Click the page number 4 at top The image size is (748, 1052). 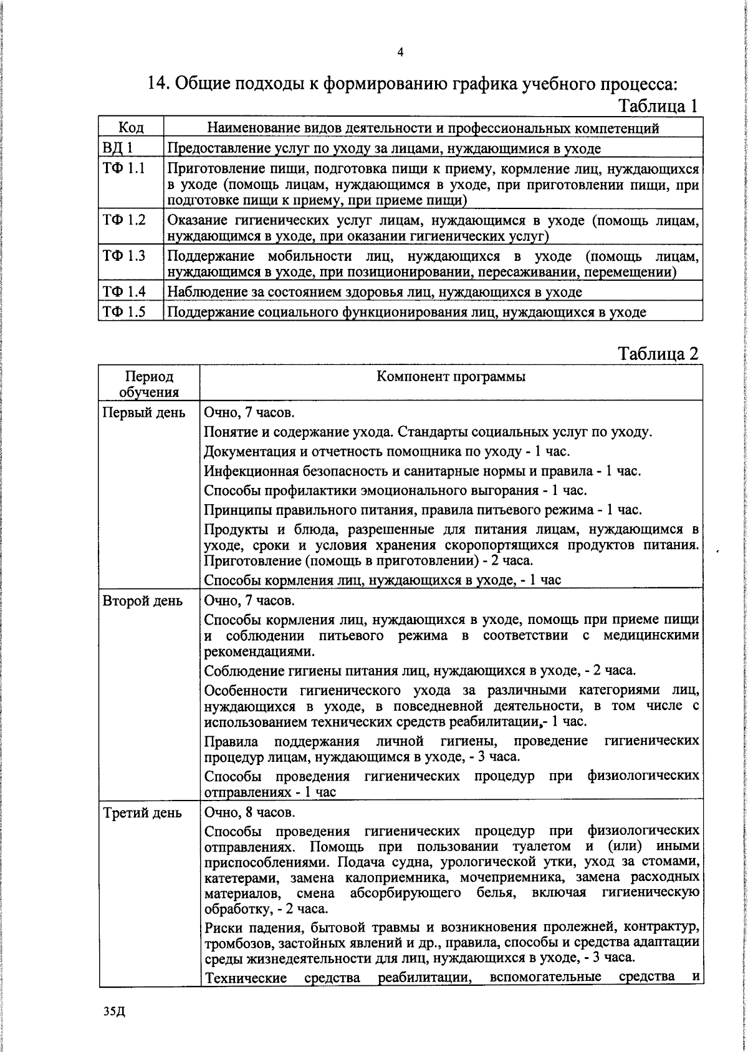400,52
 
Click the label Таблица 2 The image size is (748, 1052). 658,354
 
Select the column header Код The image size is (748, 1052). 131,129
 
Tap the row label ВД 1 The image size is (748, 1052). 117,149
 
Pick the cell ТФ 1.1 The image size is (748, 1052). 124,168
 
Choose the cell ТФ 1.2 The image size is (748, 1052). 124,220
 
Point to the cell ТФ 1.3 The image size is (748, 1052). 124,256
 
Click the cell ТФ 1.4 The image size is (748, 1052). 124,291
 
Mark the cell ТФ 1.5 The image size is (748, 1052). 124,311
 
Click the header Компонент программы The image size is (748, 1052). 451,377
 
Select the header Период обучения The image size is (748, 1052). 149,384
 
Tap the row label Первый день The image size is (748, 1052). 143,412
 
